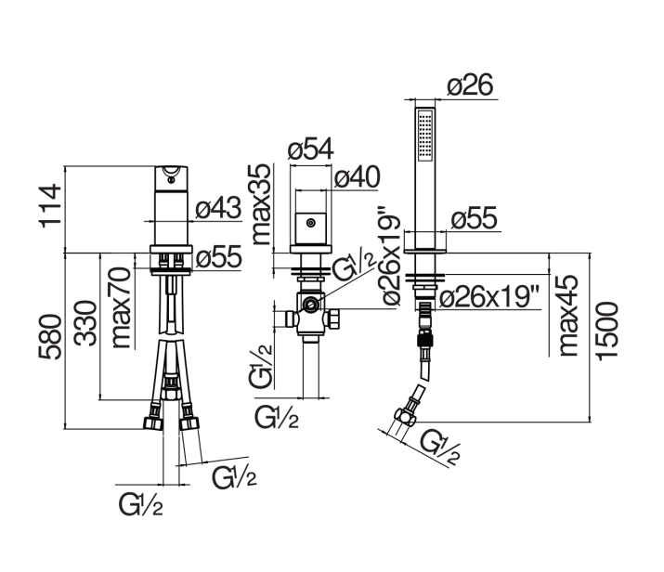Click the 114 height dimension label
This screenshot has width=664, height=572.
(x=50, y=206)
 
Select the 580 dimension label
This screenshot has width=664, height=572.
(x=50, y=337)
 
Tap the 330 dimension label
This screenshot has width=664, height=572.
(x=85, y=323)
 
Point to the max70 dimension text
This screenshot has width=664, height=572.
(x=121, y=307)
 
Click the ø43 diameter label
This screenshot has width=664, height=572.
(x=218, y=208)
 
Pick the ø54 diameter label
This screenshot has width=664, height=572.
(x=311, y=149)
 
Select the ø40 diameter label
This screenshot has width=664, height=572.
(x=357, y=176)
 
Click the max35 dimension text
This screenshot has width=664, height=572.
(x=261, y=204)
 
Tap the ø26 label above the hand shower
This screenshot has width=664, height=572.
(x=471, y=84)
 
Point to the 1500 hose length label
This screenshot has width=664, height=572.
(x=606, y=331)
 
